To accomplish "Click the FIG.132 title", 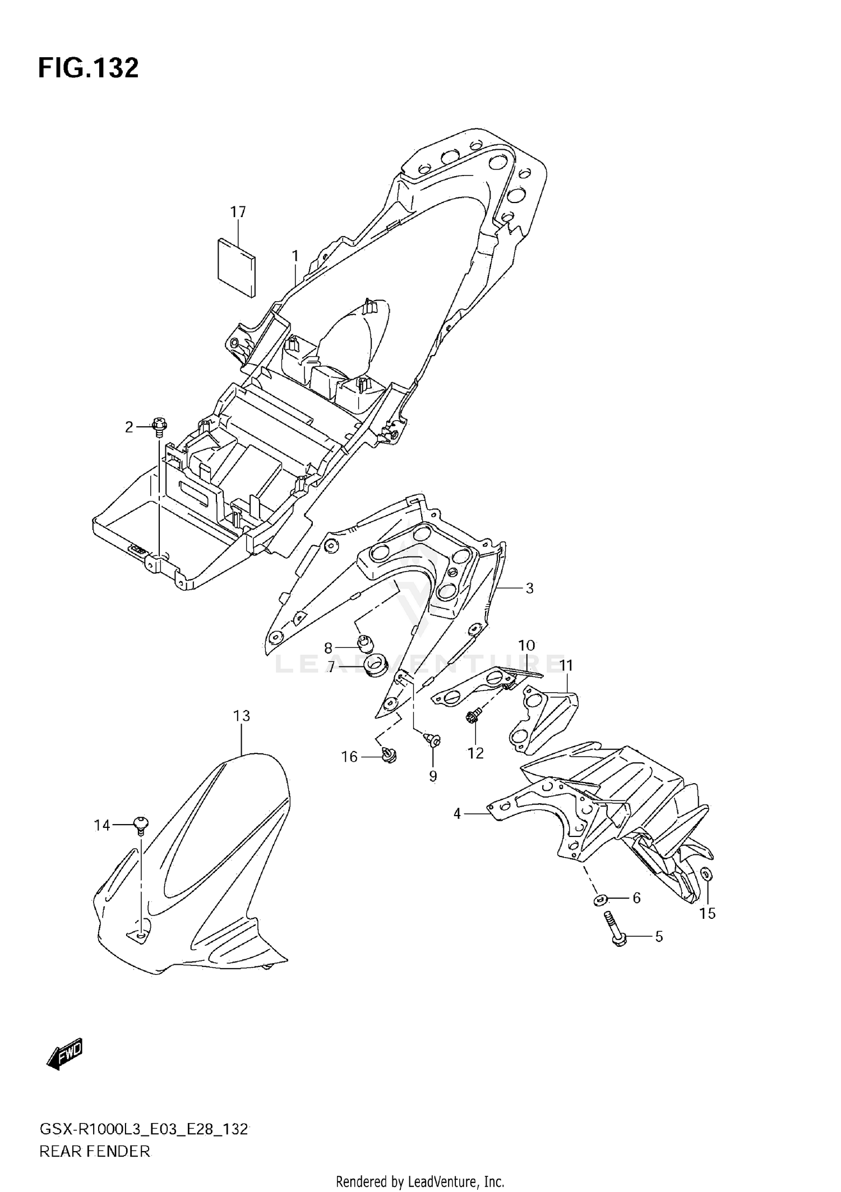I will [88, 68].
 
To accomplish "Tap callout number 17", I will [238, 212].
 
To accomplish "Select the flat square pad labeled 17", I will [236, 266].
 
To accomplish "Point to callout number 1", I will [295, 256].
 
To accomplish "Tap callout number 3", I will [529, 588].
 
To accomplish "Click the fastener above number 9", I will [433, 740].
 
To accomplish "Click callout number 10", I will [526, 646].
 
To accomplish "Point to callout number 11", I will [566, 666].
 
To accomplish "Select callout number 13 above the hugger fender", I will [242, 716].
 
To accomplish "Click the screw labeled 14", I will [140, 825].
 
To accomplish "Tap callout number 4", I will [457, 813].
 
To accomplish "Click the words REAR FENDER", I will [94, 1152].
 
